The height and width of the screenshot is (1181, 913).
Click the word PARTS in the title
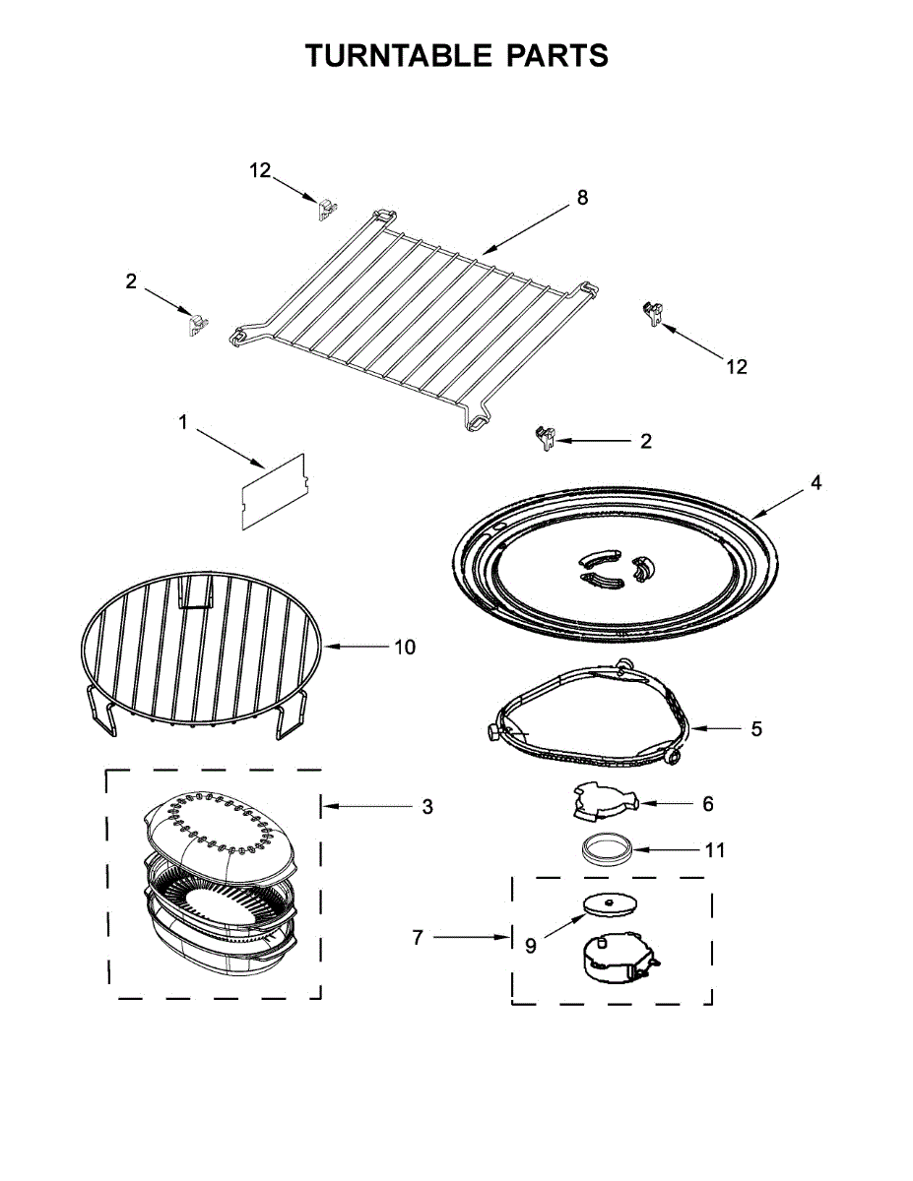(x=557, y=56)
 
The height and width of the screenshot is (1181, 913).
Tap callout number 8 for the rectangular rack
(x=582, y=198)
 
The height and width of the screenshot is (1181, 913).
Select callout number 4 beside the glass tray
(x=816, y=483)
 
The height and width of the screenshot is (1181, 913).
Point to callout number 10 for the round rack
(x=404, y=647)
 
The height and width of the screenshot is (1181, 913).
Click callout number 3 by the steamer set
(x=426, y=806)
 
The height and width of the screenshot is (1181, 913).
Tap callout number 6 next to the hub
(x=707, y=803)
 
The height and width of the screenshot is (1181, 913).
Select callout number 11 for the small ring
(x=715, y=849)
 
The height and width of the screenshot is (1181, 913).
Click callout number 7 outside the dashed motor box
(x=418, y=938)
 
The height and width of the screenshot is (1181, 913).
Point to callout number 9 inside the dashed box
(x=531, y=946)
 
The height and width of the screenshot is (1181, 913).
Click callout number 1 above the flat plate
(x=183, y=422)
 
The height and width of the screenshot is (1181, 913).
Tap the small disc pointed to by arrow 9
(x=607, y=902)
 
